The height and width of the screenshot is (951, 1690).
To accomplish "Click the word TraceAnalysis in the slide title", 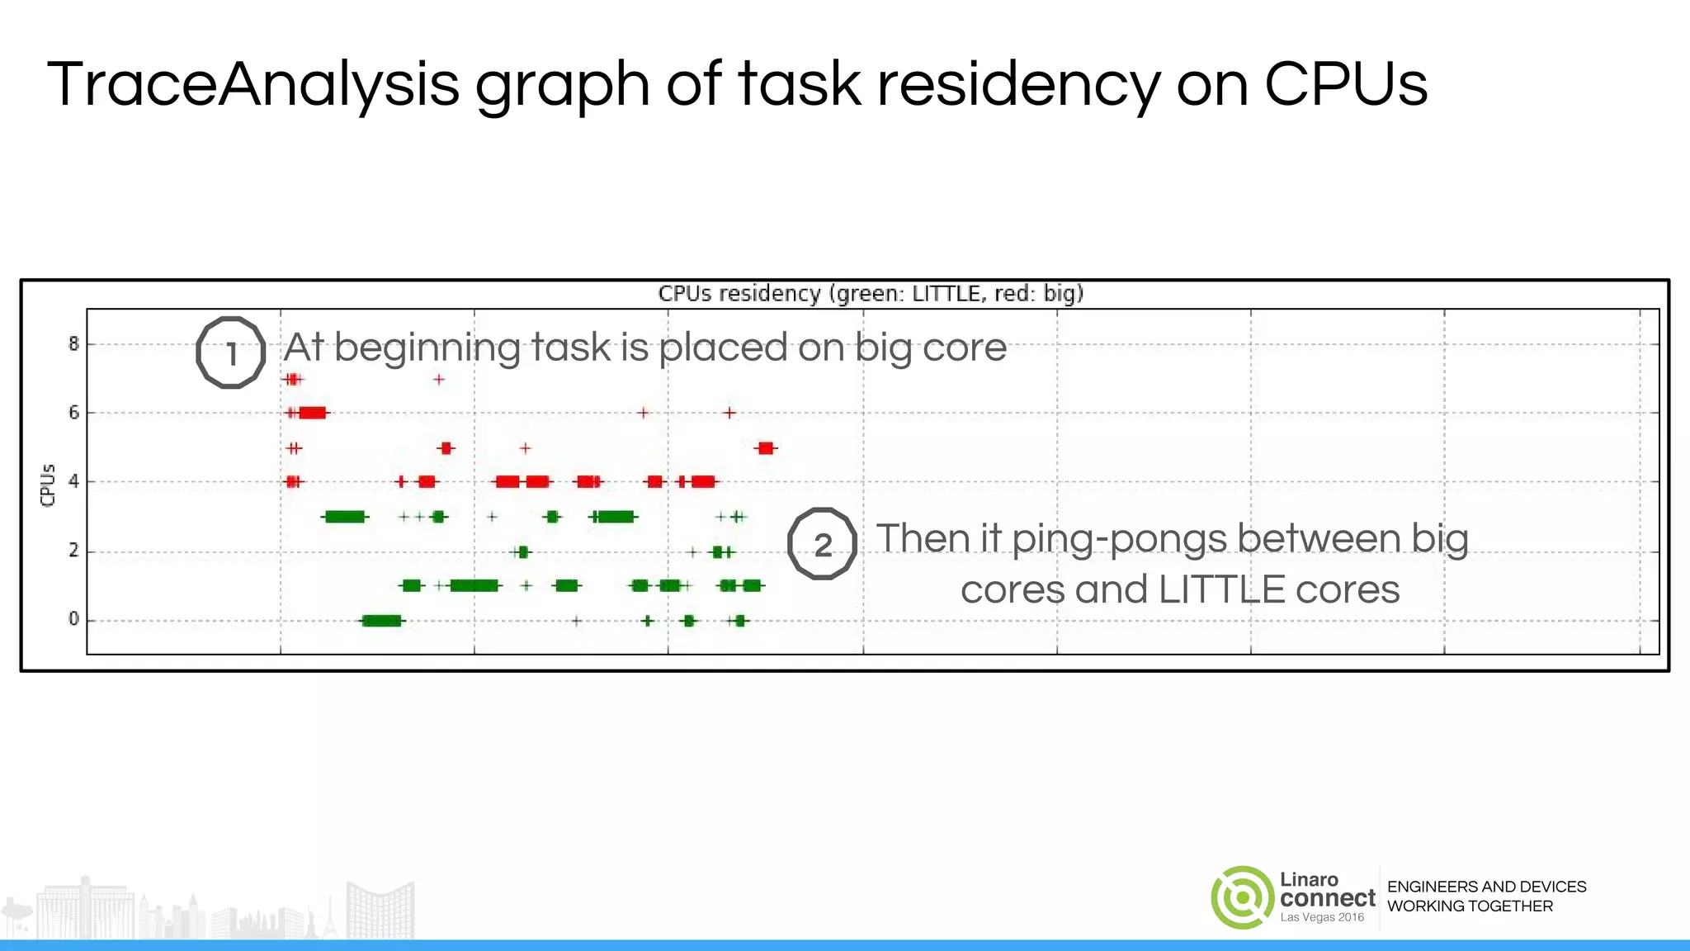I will [253, 84].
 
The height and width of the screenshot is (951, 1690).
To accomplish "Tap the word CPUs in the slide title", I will [1345, 84].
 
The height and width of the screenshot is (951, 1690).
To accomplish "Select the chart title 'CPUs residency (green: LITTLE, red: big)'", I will [871, 294].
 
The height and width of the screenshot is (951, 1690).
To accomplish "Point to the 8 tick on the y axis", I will [74, 343].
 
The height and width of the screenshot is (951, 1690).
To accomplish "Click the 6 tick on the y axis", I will [74, 412].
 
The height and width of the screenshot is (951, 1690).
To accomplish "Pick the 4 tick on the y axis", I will [74, 481].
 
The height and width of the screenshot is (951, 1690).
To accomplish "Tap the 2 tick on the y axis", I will [74, 551].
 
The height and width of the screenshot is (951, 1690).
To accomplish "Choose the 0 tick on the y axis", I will [74, 619].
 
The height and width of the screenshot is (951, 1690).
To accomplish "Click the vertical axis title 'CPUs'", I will [48, 485].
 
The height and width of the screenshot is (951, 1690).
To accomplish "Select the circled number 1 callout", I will [231, 352].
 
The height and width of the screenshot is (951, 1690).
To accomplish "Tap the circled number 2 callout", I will [822, 544].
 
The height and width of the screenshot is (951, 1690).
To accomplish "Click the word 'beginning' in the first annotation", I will [427, 348].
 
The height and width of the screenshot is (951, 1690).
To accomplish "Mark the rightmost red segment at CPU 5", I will [766, 448].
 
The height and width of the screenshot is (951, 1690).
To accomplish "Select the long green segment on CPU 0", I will [382, 621].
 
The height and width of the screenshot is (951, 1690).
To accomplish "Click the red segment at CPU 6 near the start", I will [313, 413].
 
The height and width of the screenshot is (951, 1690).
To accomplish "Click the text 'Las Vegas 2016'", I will [1322, 917].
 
